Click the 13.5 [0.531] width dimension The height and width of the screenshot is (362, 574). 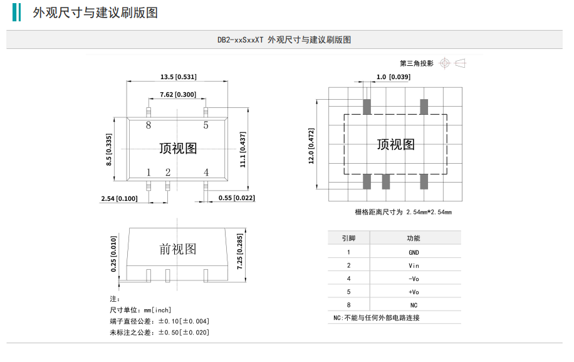click(x=178, y=77)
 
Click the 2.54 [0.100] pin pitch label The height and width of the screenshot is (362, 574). click(x=119, y=198)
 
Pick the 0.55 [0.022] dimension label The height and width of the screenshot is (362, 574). click(x=236, y=198)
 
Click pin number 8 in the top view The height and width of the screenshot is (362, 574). click(x=149, y=125)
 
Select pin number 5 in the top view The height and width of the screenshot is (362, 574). click(x=206, y=125)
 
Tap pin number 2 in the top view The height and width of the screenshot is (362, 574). click(x=167, y=172)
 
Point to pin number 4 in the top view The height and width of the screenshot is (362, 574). click(x=206, y=172)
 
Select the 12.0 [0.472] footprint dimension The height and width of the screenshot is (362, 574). click(x=311, y=146)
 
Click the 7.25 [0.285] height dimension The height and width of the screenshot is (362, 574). click(x=240, y=252)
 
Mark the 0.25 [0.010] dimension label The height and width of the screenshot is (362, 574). click(x=113, y=253)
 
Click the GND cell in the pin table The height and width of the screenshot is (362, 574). click(x=414, y=252)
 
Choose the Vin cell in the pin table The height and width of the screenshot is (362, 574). click(x=414, y=265)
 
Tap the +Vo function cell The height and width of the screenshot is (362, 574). click(x=414, y=292)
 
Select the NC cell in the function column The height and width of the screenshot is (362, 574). click(x=414, y=305)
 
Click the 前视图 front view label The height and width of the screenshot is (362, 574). click(x=178, y=249)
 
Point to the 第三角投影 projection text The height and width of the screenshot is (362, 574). click(x=417, y=63)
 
